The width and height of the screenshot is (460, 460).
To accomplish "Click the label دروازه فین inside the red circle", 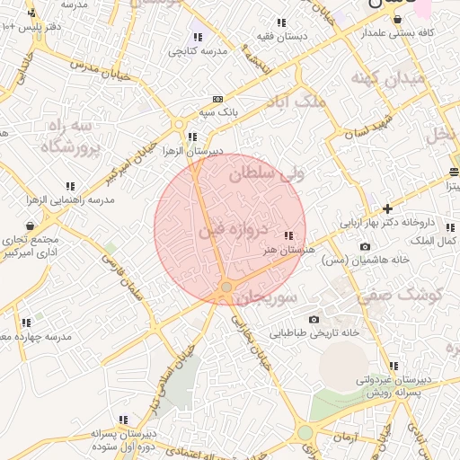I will (232, 232).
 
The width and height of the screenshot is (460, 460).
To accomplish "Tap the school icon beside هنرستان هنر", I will (287, 235).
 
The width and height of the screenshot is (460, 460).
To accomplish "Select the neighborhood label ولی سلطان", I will (267, 174).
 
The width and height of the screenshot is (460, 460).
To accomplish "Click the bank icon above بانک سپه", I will (217, 99).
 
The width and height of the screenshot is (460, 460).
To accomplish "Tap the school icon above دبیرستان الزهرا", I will (192, 137).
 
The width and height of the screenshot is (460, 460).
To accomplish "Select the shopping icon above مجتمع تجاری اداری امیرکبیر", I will (31, 226).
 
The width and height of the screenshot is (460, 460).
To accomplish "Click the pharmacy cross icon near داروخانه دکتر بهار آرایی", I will (387, 208).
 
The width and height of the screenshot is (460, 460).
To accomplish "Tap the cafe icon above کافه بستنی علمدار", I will (396, 19).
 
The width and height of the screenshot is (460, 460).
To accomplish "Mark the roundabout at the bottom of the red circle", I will (226, 287).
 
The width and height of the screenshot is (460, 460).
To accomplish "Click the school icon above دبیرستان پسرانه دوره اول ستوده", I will (122, 420).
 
